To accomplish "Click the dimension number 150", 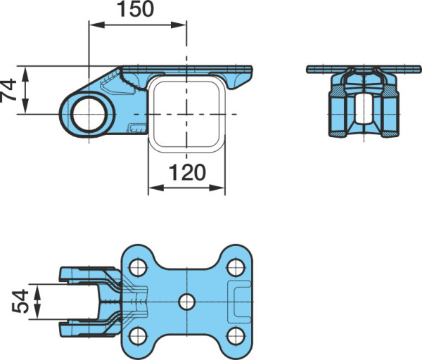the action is (136, 9).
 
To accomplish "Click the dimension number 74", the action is (8, 90).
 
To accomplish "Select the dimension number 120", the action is (187, 172).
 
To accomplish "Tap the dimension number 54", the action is (20, 302).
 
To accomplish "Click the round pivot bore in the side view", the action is (89, 115).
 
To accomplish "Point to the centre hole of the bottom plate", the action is (187, 302).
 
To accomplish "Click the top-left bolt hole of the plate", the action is (138, 267).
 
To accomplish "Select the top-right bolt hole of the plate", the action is (236, 267).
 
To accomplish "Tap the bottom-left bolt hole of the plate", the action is (138, 336).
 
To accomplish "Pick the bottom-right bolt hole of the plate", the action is (236, 336).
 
